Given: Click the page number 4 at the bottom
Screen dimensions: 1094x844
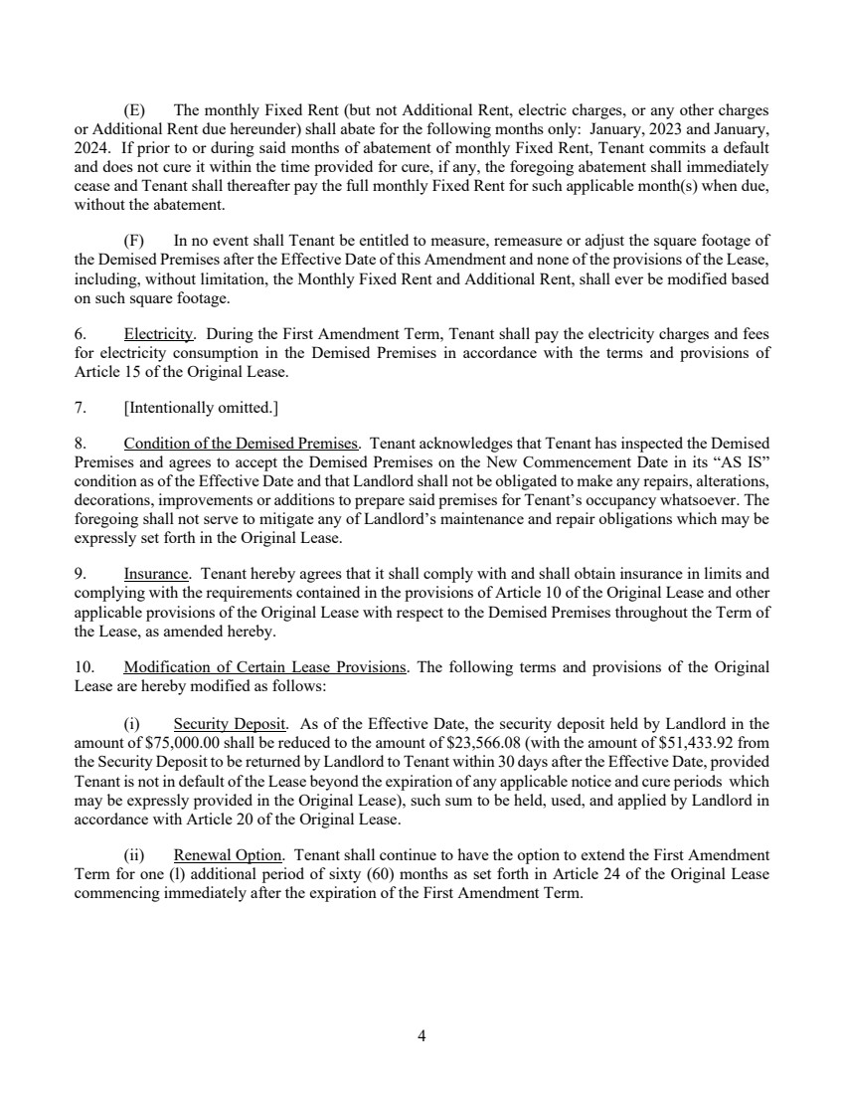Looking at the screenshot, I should click(422, 1036).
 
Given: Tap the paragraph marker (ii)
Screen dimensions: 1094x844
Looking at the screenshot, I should click(134, 854).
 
